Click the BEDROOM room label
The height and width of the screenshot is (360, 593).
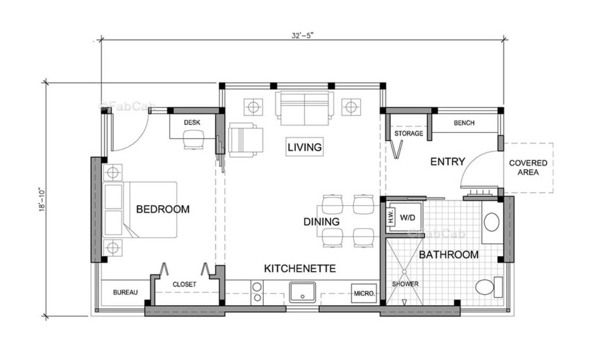tap(162, 209)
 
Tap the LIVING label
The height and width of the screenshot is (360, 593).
tap(305, 147)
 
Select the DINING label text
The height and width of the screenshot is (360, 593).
tap(321, 222)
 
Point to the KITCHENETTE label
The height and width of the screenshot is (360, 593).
tap(300, 269)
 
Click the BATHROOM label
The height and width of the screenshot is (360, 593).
tap(448, 254)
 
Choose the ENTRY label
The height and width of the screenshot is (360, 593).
tap(447, 162)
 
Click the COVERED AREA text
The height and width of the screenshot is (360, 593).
tap(528, 167)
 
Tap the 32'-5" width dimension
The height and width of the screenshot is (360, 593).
tap(304, 35)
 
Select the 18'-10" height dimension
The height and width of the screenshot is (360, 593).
tap(40, 199)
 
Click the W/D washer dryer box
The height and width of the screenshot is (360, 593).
tap(408, 217)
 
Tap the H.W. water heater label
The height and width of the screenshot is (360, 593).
tap(391, 217)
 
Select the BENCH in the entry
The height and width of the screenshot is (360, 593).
tap(464, 123)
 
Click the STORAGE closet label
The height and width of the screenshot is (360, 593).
tap(408, 133)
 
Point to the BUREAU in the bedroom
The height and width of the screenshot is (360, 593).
tap(125, 292)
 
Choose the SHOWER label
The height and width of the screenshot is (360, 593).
tap(405, 284)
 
